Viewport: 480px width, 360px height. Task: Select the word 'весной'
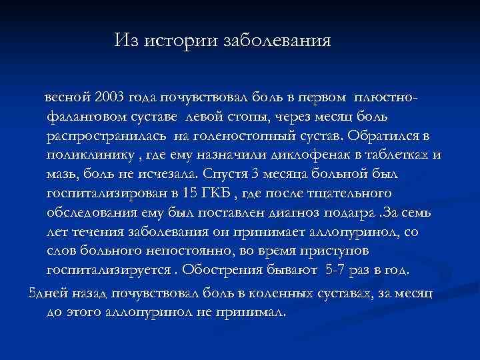tap(67, 97)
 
